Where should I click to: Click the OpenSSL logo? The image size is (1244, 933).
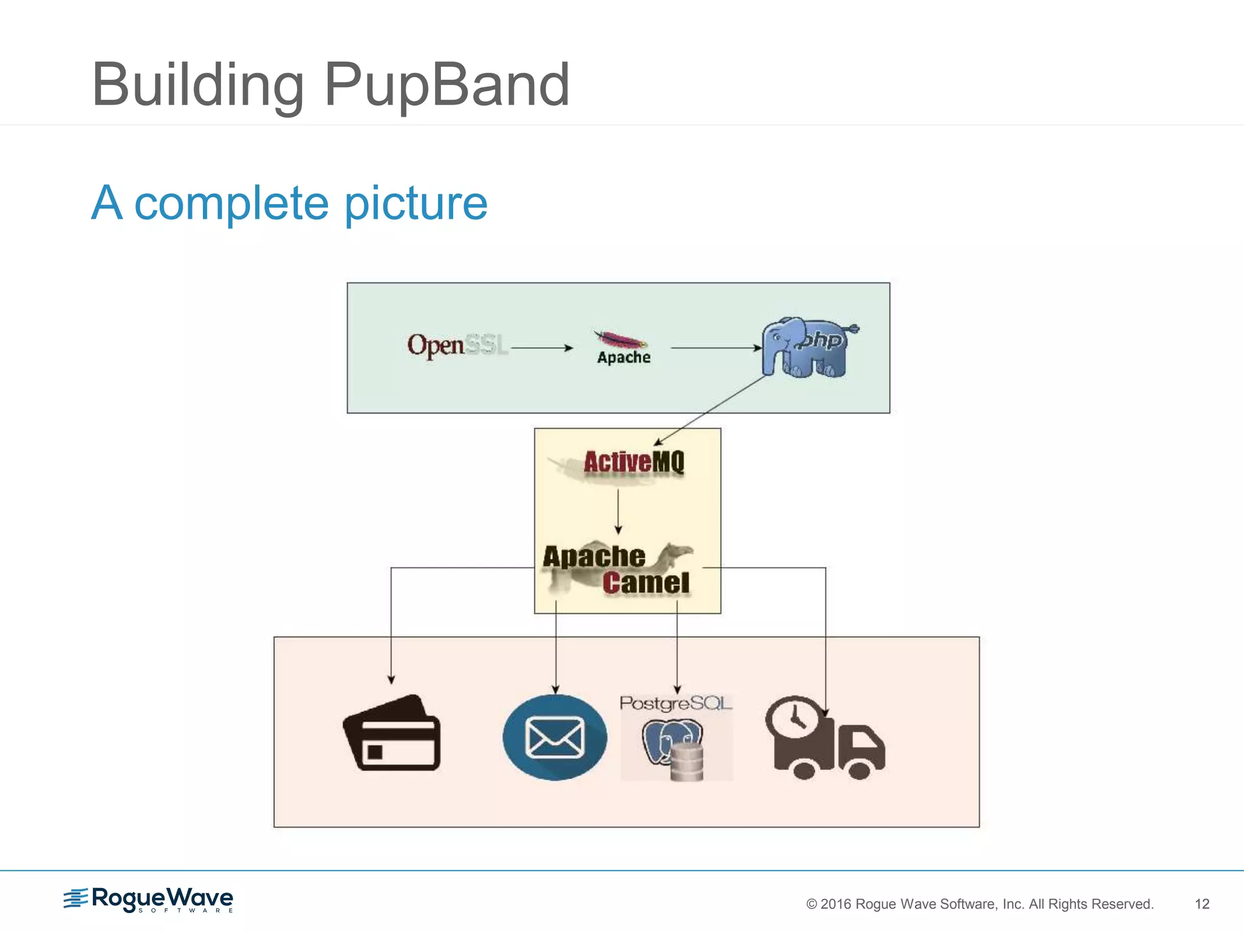tap(457, 345)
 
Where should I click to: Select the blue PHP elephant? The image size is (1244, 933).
tap(808, 347)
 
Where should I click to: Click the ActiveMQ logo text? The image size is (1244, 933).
tap(633, 462)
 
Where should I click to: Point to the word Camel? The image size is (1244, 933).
tap(646, 583)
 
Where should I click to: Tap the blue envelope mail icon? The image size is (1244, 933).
tap(555, 737)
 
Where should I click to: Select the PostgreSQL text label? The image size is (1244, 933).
tap(675, 703)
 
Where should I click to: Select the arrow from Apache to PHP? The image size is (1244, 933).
tap(716, 348)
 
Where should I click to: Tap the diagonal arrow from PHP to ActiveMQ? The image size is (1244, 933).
tap(711, 410)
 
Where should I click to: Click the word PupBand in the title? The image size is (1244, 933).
tap(446, 85)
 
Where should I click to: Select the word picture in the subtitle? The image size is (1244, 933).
tap(415, 203)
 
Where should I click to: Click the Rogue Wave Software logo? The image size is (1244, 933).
tap(149, 900)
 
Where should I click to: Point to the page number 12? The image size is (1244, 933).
tap(1201, 904)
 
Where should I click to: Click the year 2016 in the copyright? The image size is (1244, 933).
tap(836, 904)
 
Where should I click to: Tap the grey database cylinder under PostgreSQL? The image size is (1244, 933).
tap(686, 762)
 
